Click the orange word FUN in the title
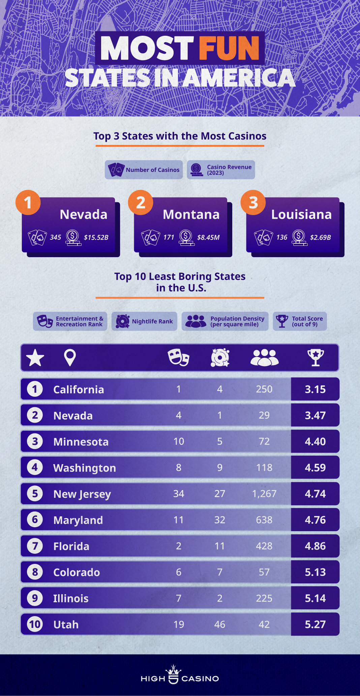tap(229, 48)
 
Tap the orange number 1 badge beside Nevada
tap(28, 202)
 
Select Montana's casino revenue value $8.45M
tap(208, 237)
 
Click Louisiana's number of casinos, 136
tap(282, 237)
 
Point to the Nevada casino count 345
tap(56, 237)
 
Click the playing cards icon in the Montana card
tap(150, 237)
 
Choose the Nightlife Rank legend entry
tap(144, 321)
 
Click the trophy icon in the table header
tap(316, 357)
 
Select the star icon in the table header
tap(35, 357)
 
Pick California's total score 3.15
tap(315, 389)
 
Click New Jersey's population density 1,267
tap(264, 494)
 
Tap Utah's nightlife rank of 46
tap(220, 625)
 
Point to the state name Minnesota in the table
tap(81, 442)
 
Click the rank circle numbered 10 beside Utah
tap(35, 625)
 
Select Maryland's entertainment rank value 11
tap(179, 520)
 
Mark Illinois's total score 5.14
tap(315, 598)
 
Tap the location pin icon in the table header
tap(70, 357)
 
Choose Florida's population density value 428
tap(264, 546)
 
